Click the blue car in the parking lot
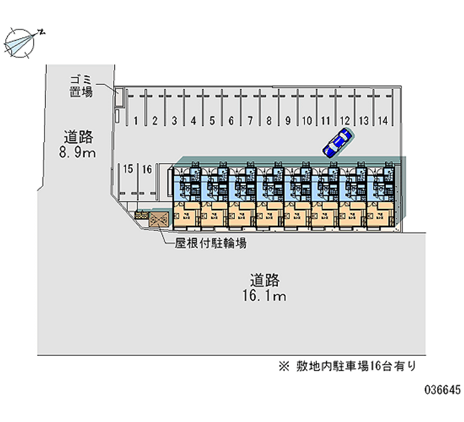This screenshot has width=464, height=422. pyautogui.click(x=338, y=143)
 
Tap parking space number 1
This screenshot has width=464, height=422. pyautogui.click(x=136, y=121)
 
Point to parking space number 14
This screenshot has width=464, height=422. pyautogui.click(x=381, y=121)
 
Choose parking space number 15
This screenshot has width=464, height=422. pyautogui.click(x=128, y=169)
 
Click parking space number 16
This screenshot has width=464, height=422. pyautogui.click(x=147, y=169)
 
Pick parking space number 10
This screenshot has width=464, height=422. pyautogui.click(x=306, y=121)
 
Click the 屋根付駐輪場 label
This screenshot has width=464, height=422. pyautogui.click(x=211, y=244)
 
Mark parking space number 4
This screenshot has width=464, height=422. pyautogui.click(x=193, y=121)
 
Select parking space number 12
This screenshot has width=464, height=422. pyautogui.click(x=345, y=121)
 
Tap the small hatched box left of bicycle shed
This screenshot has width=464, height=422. pyautogui.click(x=141, y=216)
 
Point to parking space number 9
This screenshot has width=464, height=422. pyautogui.click(x=288, y=121)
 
